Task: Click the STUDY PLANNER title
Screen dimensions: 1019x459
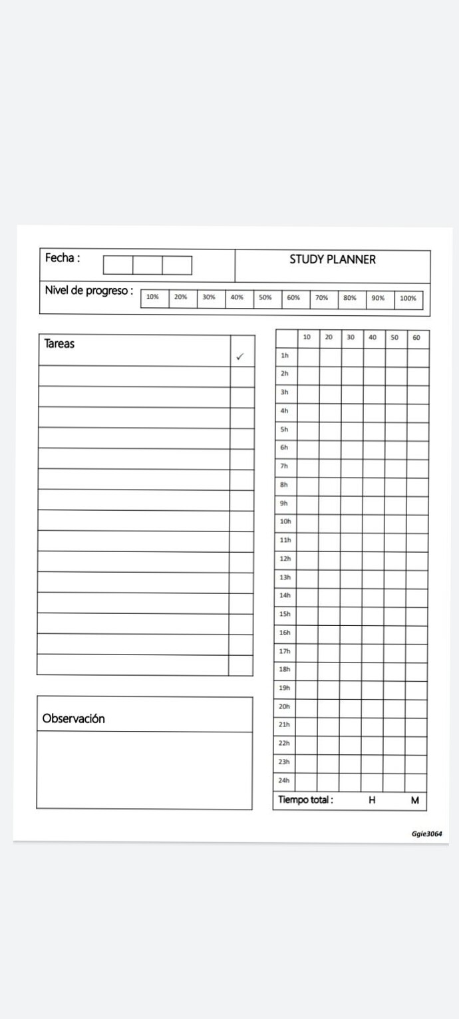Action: pos(332,259)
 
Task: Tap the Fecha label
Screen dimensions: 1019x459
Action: pos(62,258)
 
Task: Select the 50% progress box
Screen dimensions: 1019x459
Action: pos(265,298)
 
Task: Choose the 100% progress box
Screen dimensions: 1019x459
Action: pos(408,299)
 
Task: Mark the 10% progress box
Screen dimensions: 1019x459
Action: pos(153,297)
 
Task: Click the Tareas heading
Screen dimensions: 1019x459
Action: pos(59,344)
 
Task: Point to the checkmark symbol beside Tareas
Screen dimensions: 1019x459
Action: pos(240,357)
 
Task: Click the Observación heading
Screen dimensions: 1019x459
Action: pos(73,718)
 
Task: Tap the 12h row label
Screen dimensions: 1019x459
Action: pos(285,559)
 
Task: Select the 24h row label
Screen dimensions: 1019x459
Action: pos(284,780)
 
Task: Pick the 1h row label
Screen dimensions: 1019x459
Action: pos(284,356)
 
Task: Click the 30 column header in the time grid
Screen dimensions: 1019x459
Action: pos(351,337)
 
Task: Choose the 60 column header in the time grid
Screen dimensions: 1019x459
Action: pos(416,338)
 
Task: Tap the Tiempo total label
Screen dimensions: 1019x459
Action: pos(305,800)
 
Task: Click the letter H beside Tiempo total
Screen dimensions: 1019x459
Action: pos(372,801)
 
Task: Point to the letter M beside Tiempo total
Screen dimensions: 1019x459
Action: pos(414,801)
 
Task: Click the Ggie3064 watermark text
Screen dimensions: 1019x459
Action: pos(426,834)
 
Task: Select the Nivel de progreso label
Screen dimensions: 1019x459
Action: pos(88,291)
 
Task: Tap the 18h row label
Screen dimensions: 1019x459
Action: pos(285,670)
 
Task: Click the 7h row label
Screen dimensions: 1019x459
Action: pos(284,466)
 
